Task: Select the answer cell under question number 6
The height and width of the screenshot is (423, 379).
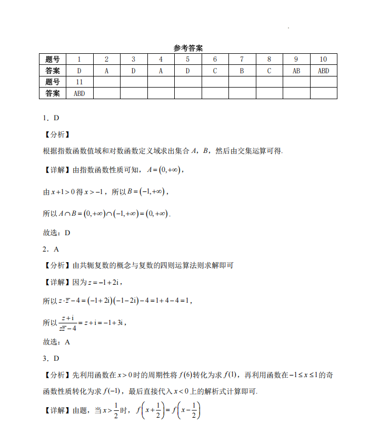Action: (x=215, y=71)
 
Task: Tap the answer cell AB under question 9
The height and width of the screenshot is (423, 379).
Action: (x=296, y=71)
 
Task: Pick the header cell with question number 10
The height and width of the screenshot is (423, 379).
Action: (x=323, y=59)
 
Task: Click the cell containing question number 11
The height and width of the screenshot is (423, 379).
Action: (x=79, y=82)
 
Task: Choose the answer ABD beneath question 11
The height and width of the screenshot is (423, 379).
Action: (x=79, y=93)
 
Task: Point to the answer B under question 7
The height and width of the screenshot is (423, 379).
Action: (x=242, y=71)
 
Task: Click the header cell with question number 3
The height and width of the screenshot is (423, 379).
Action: (x=134, y=59)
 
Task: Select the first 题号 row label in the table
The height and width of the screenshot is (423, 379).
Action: (x=53, y=59)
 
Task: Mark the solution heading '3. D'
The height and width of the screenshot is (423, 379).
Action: (x=51, y=359)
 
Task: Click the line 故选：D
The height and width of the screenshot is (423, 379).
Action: (x=56, y=232)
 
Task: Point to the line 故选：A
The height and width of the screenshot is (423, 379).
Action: (x=56, y=342)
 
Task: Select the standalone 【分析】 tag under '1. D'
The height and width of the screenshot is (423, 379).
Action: (x=56, y=134)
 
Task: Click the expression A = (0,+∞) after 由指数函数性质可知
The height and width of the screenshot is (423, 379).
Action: (x=165, y=169)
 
